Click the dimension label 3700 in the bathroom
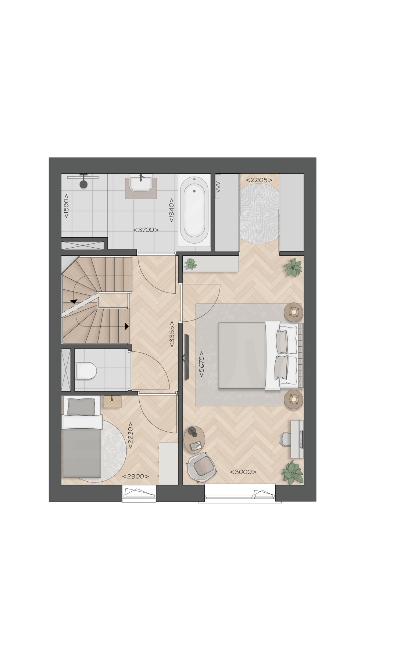pos(146,230)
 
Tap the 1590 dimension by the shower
pos(66,206)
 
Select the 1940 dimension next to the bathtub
pos(171,210)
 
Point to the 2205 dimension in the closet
pos(259,180)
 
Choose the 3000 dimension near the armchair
pos(243,472)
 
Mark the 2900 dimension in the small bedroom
pos(136,476)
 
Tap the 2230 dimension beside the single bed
pos(130,435)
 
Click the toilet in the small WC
pos(86,370)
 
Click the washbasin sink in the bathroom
pos(141,182)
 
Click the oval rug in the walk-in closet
pos(259,213)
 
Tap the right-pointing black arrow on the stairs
pos(126,326)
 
